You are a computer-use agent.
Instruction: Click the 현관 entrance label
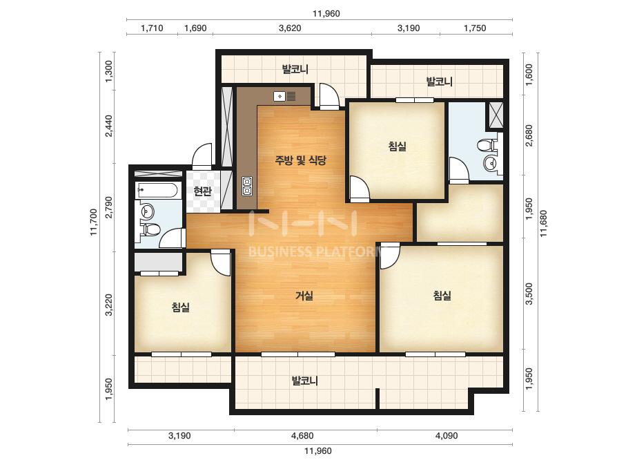(x=202, y=191)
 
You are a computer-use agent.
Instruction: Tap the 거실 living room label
(x=304, y=296)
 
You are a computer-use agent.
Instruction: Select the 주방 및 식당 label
(x=301, y=160)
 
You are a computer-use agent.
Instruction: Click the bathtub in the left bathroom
(x=157, y=190)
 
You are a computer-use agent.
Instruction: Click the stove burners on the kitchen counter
(x=247, y=187)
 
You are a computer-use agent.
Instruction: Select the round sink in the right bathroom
(x=491, y=163)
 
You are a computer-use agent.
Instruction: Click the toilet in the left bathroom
(x=150, y=229)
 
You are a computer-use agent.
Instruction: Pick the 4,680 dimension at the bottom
(x=302, y=436)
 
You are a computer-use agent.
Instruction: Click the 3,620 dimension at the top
(x=290, y=28)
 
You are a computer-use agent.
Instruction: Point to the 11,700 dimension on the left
(x=95, y=222)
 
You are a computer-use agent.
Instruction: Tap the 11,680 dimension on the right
(x=544, y=223)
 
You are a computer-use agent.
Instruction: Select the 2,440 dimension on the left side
(x=108, y=126)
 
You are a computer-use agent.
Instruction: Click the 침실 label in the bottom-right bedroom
(x=442, y=295)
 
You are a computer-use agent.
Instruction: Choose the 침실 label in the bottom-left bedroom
(x=180, y=307)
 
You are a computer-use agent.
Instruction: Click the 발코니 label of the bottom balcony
(x=304, y=381)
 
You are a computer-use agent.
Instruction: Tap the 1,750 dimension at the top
(x=475, y=28)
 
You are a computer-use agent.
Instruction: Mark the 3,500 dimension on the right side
(x=529, y=294)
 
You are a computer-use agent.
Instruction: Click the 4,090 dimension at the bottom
(x=447, y=436)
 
